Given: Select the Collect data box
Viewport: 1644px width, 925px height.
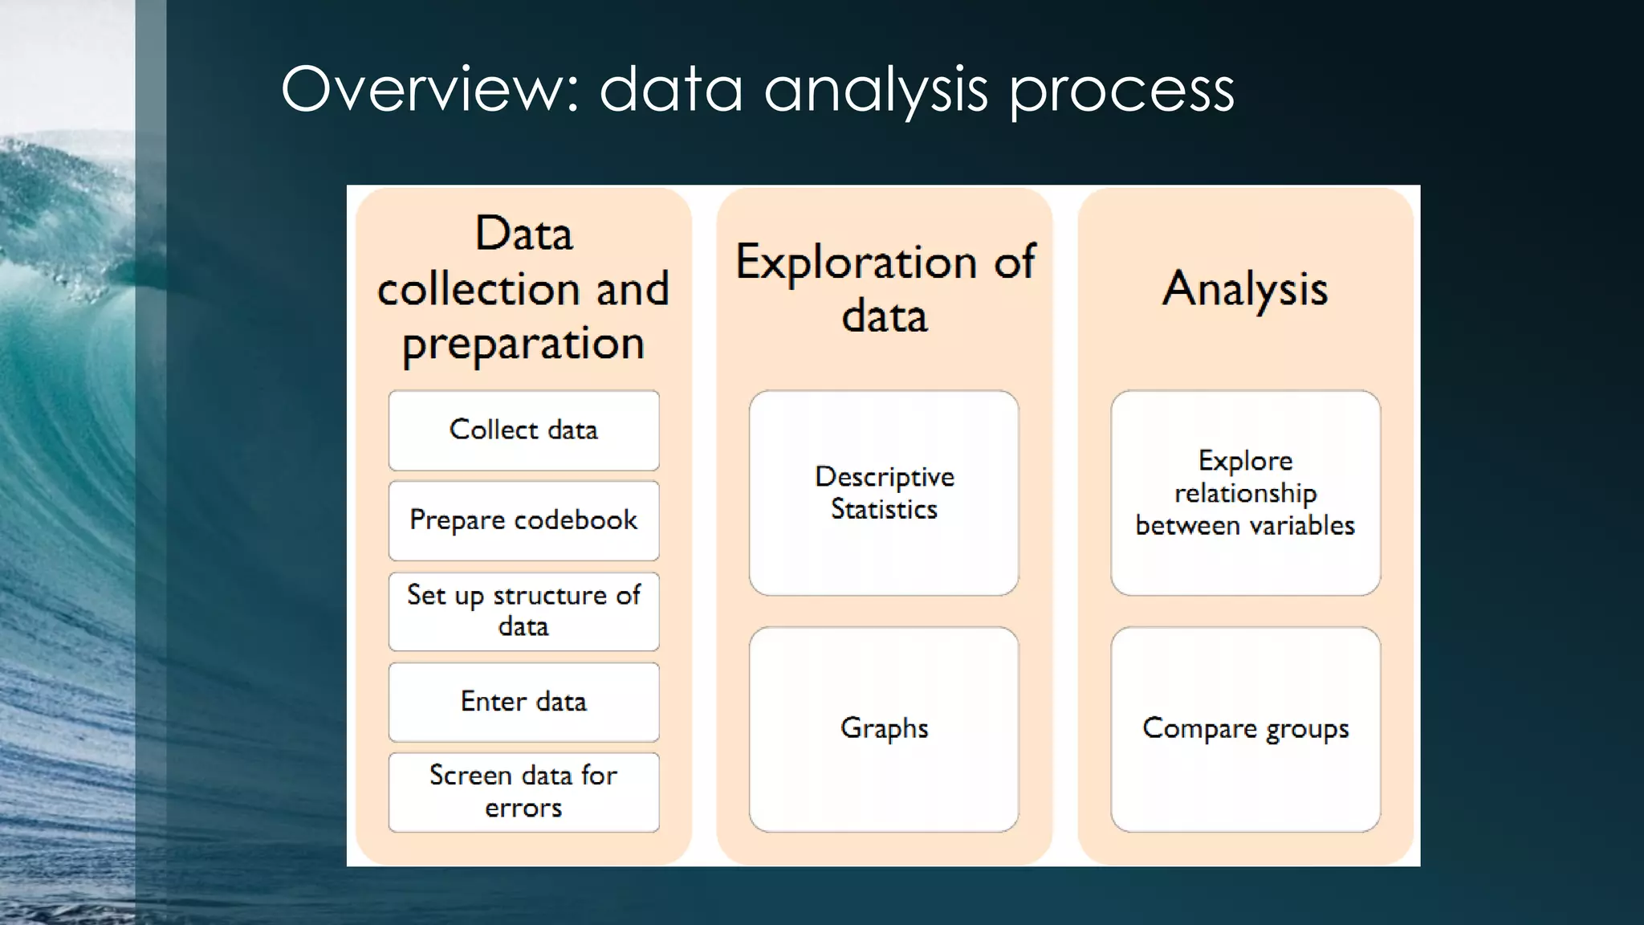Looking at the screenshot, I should click(x=523, y=430).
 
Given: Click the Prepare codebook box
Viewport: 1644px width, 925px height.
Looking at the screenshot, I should click(x=523, y=520).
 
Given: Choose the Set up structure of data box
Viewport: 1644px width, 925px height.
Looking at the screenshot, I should click(x=523, y=611).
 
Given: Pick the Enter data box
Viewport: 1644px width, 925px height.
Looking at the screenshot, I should click(x=523, y=702).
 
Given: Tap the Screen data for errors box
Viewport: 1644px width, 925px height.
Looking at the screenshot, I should click(x=523, y=792).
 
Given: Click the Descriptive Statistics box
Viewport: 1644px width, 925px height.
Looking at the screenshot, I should click(x=884, y=493).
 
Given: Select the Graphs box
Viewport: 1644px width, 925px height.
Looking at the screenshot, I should click(x=884, y=729).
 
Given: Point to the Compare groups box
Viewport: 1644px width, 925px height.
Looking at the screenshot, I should click(x=1245, y=729).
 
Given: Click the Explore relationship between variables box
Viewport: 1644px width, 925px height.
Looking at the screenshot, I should click(x=1245, y=493).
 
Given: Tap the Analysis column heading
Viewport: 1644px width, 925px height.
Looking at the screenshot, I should click(x=1245, y=289).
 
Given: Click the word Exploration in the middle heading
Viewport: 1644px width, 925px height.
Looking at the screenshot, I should click(x=856, y=263).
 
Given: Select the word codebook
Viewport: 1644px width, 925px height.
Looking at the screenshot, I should click(x=576, y=520).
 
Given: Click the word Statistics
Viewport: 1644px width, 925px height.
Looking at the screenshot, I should click(x=884, y=510).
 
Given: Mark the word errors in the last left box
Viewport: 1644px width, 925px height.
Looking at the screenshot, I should click(x=523, y=808).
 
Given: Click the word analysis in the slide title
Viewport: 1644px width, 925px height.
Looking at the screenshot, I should click(x=875, y=90).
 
